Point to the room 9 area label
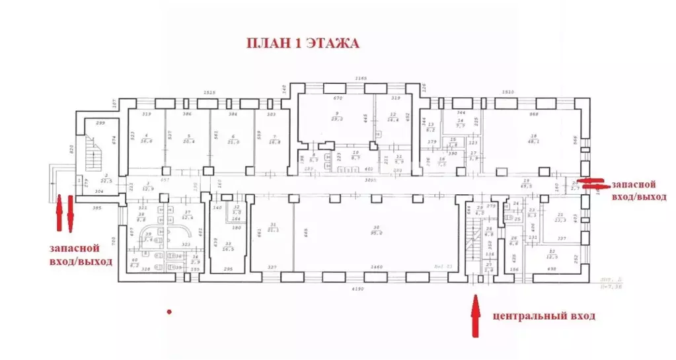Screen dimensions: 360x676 click(336, 117)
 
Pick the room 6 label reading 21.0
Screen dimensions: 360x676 click(233, 139)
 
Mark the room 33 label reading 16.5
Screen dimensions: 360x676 click(228, 247)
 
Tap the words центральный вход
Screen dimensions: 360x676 click(544, 316)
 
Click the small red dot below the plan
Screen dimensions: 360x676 click(170, 310)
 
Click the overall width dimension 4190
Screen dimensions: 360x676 click(357, 289)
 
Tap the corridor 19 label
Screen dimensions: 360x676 click(527, 184)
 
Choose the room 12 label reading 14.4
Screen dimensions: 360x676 click(393, 117)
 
